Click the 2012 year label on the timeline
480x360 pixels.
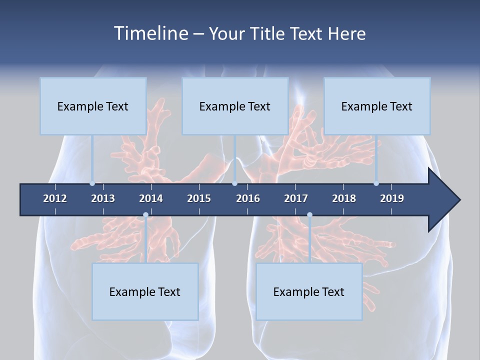(55, 198)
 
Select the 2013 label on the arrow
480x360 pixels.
(103, 198)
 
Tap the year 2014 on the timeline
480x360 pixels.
(151, 198)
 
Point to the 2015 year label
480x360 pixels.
(199, 198)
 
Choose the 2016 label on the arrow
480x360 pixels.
(248, 198)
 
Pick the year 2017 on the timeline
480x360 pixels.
(296, 198)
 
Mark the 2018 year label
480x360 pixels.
(344, 198)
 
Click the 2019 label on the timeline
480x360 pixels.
(392, 198)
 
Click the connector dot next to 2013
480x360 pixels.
(92, 183)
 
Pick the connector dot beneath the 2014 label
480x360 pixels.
(145, 215)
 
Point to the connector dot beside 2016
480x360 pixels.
(234, 183)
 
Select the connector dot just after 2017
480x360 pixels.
(309, 215)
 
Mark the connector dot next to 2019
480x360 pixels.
(376, 183)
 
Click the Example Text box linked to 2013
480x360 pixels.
(93, 106)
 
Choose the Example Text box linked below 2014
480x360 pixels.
(145, 291)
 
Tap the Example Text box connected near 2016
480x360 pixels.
(235, 106)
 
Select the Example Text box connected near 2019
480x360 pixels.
(377, 106)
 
